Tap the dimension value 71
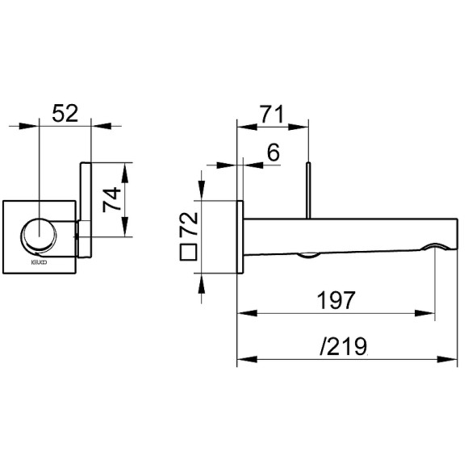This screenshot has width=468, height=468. (x=272, y=114)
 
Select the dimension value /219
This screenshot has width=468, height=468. (x=343, y=347)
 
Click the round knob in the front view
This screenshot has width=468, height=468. (x=38, y=236)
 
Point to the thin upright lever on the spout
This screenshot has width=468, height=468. (x=308, y=190)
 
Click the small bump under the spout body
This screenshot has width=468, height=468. (x=308, y=257)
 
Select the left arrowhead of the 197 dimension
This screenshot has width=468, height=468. (x=244, y=312)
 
